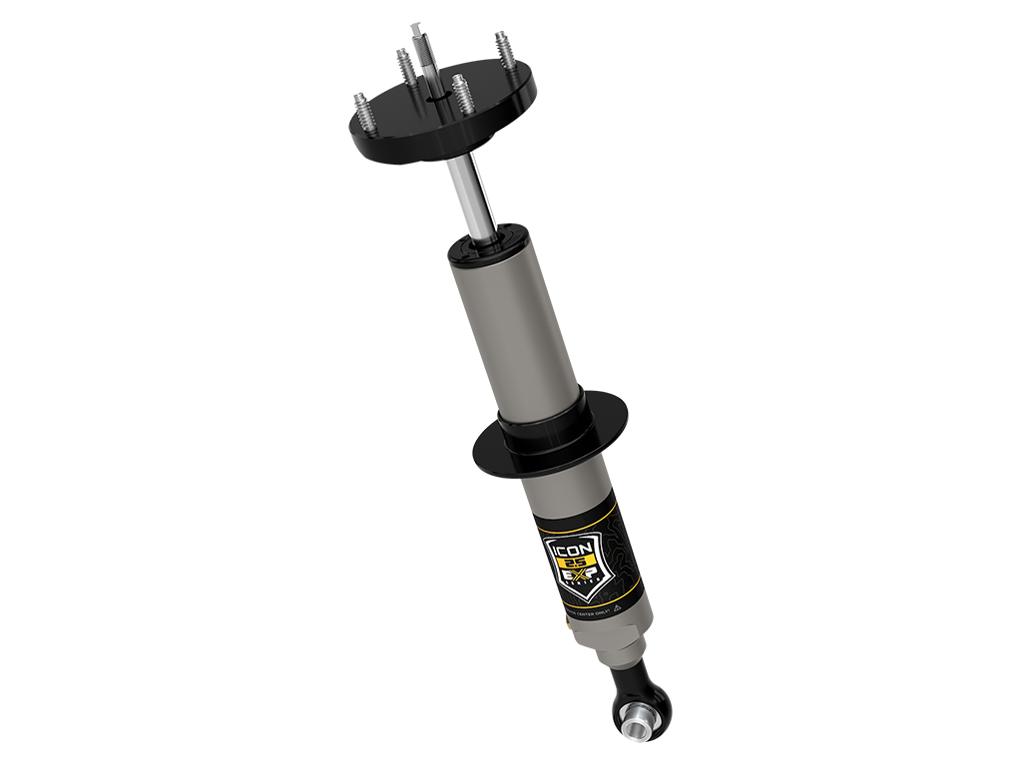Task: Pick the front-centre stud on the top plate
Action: point(461,96)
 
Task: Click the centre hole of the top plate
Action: point(436,98)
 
